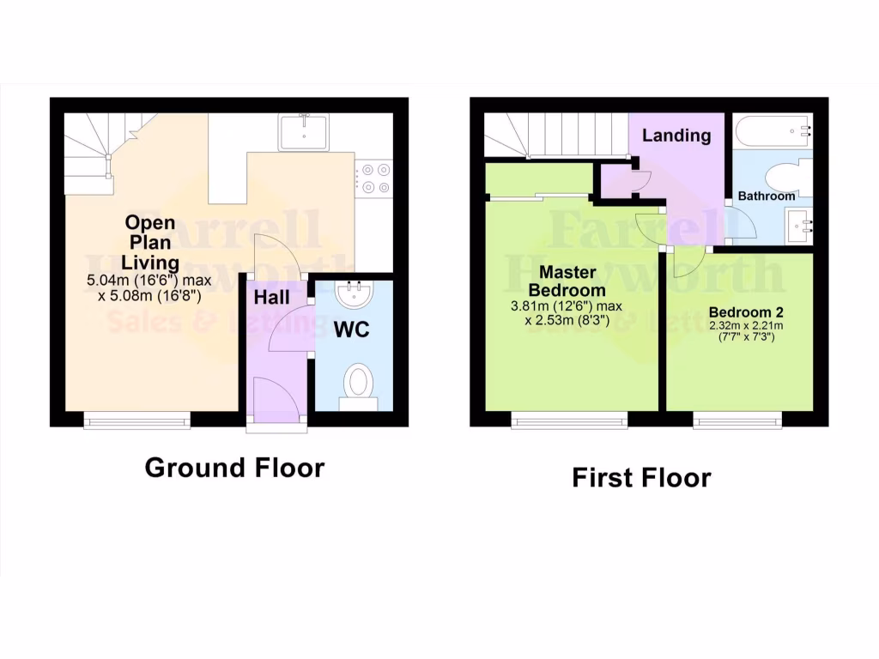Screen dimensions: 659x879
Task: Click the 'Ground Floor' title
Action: click(x=234, y=468)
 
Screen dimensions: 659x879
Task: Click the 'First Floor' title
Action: click(x=641, y=477)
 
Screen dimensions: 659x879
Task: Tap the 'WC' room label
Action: click(x=351, y=329)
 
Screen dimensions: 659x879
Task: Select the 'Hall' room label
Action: click(x=270, y=297)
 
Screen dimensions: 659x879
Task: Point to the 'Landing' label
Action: click(x=676, y=135)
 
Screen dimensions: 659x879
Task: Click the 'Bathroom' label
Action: click(x=767, y=196)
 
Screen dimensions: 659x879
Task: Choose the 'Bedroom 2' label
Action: click(x=739, y=311)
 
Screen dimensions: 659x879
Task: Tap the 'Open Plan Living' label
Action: click(x=149, y=242)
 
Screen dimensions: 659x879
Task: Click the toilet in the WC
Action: click(x=358, y=384)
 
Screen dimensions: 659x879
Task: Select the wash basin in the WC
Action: click(x=352, y=294)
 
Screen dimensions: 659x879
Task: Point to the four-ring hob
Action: click(x=375, y=178)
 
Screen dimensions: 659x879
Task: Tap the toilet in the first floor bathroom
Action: click(x=787, y=177)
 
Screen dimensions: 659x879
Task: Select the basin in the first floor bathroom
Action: click(x=800, y=227)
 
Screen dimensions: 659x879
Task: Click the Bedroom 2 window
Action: click(x=737, y=420)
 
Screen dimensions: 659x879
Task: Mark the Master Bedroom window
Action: click(x=569, y=420)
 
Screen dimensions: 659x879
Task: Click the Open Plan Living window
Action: click(x=136, y=420)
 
